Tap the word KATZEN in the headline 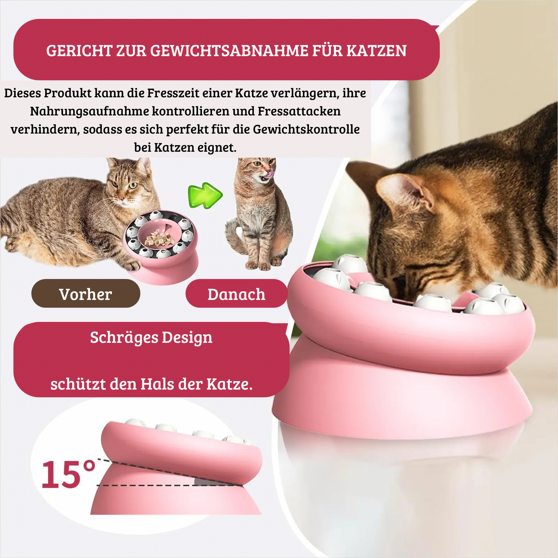377,51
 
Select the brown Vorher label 86,293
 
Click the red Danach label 236,293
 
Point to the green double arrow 205,195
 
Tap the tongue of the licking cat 268,173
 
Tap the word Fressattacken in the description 299,111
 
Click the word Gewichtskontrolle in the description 306,129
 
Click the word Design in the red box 187,338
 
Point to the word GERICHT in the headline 79,51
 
